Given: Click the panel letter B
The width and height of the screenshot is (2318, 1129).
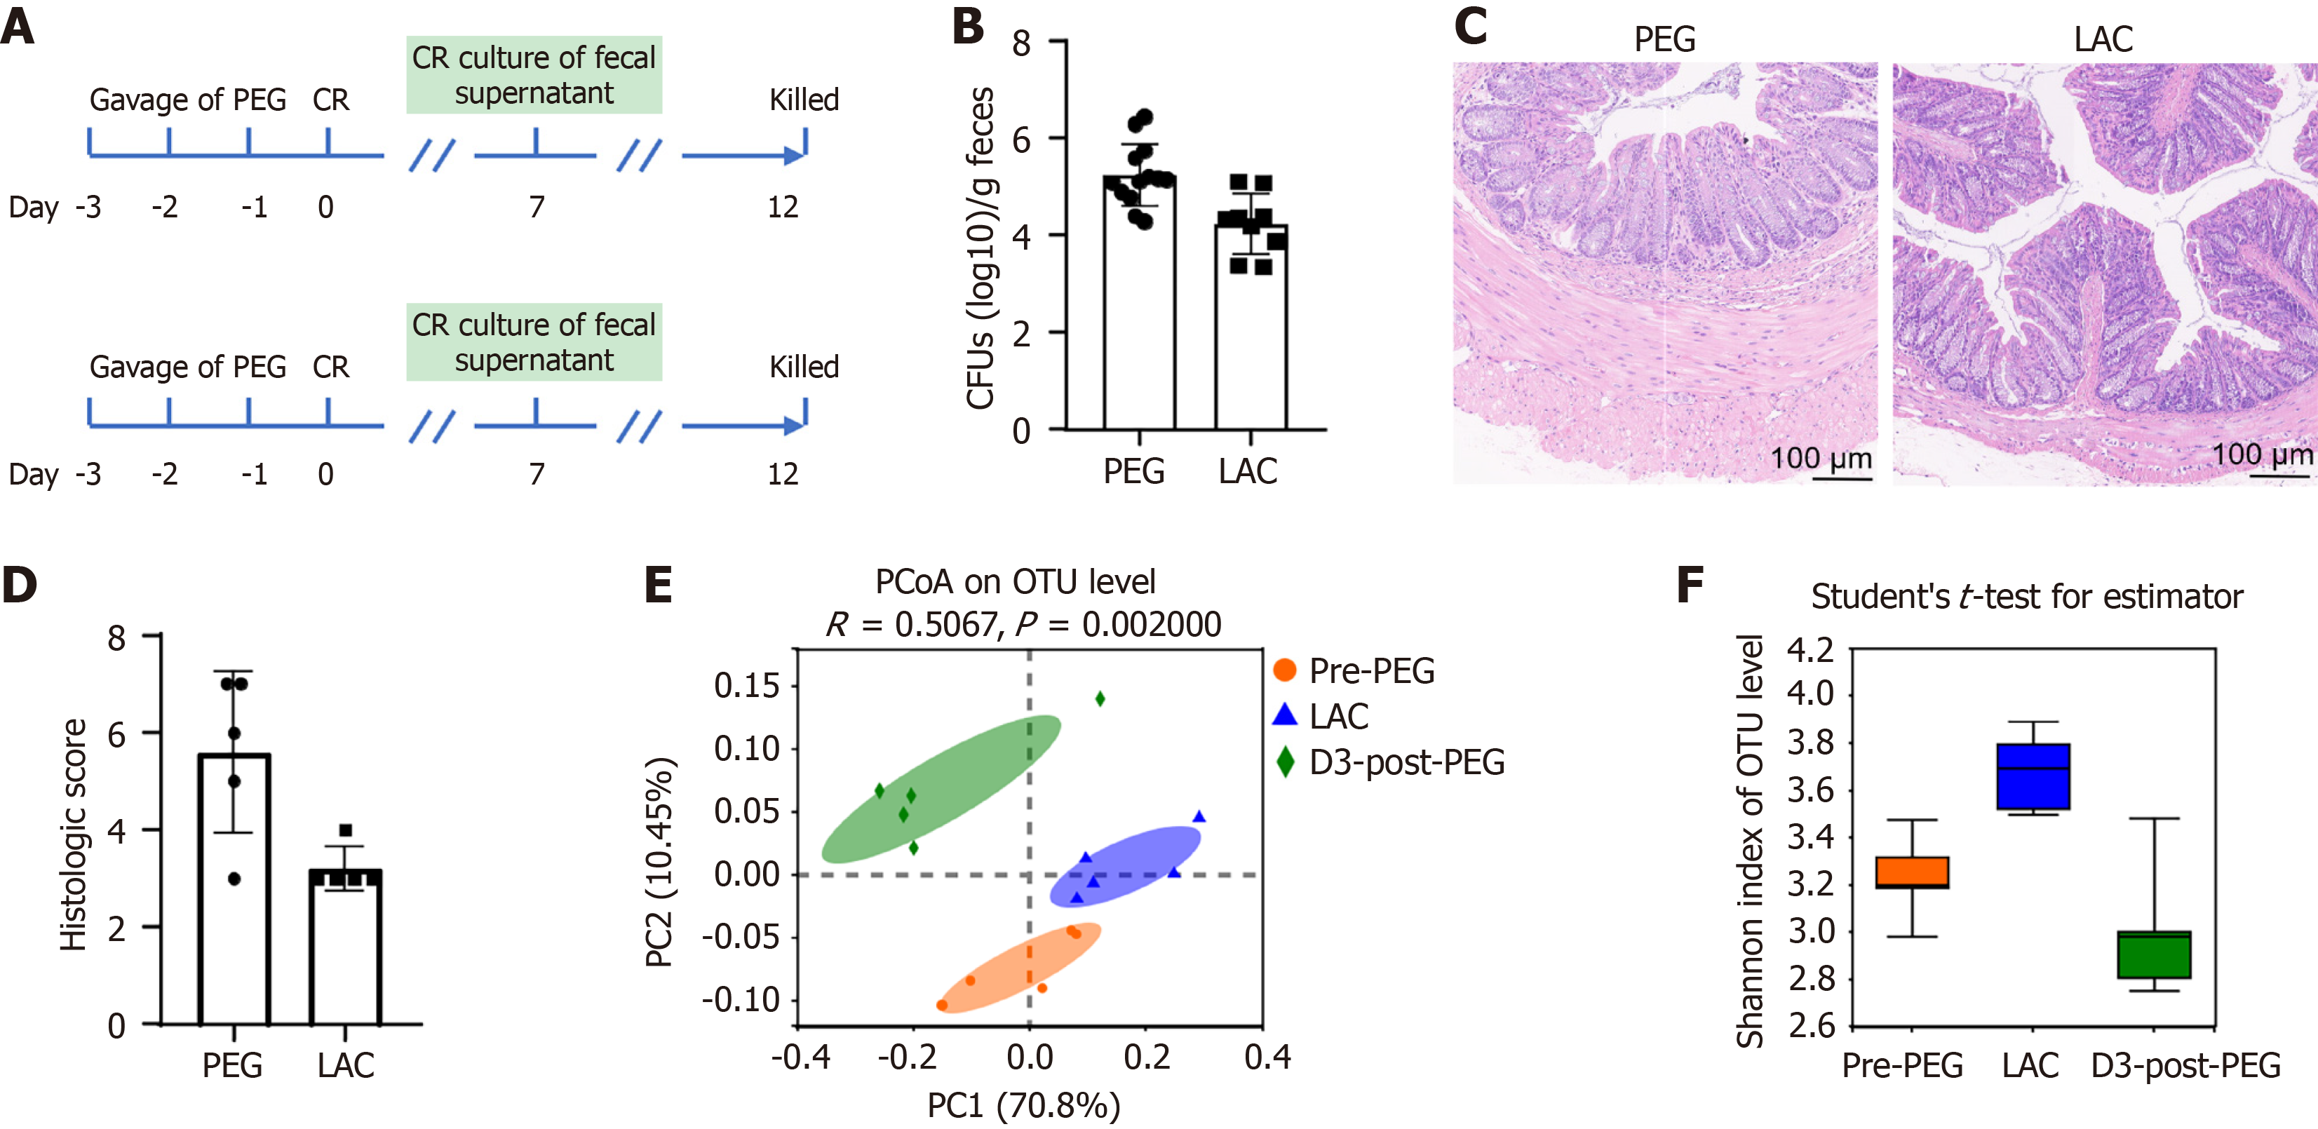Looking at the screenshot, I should click(x=969, y=26).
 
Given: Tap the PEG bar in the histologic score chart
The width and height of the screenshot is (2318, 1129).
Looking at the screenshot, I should click(x=234, y=891).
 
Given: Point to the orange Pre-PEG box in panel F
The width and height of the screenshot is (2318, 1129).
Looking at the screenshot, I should click(x=1912, y=872).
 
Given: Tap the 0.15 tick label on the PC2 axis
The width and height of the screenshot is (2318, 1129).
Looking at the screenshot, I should click(x=746, y=687).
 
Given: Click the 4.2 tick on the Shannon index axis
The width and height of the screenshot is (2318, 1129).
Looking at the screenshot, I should click(x=1810, y=649).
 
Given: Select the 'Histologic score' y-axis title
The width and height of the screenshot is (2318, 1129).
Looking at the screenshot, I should click(x=73, y=835).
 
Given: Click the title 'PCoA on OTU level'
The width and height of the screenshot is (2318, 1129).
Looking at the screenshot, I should click(x=1015, y=583).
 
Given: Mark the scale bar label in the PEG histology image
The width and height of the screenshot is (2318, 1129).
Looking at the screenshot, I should click(x=1821, y=459).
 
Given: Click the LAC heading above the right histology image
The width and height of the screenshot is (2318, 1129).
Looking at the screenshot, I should click(x=2103, y=39).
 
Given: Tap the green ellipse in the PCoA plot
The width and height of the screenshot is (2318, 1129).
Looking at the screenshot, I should click(x=941, y=789).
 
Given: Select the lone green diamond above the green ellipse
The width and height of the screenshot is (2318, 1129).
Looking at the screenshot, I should click(x=1100, y=699).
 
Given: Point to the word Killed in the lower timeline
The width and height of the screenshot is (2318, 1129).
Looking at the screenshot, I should click(x=804, y=367).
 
